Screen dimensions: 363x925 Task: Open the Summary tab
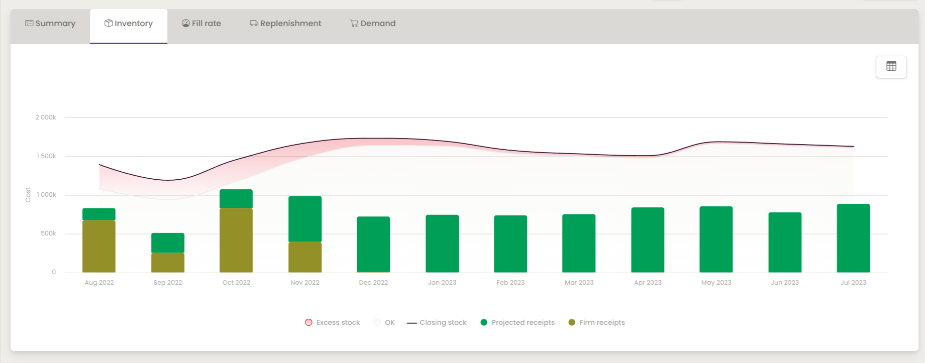pyautogui.click(x=50, y=24)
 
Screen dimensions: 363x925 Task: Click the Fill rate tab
pyautogui.click(x=201, y=24)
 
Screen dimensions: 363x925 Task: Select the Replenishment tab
pyautogui.click(x=285, y=24)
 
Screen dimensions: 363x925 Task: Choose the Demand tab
pyautogui.click(x=373, y=24)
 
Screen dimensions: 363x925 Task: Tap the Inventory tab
pyautogui.click(x=129, y=24)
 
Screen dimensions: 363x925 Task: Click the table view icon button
pyautogui.click(x=891, y=67)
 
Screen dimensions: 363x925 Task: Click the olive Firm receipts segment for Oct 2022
pyautogui.click(x=236, y=240)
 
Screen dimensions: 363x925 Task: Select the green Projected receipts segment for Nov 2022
pyautogui.click(x=305, y=219)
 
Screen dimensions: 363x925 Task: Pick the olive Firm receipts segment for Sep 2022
pyautogui.click(x=168, y=262)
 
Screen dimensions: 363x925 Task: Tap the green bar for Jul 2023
pyautogui.click(x=853, y=238)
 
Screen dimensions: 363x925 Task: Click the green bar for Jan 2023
pyautogui.click(x=442, y=244)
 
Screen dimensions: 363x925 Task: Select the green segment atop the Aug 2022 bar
pyautogui.click(x=99, y=214)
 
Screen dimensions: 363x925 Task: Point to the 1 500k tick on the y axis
pyautogui.click(x=46, y=156)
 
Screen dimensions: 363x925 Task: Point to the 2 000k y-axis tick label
pyautogui.click(x=46, y=117)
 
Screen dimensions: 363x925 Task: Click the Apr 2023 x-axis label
pyautogui.click(x=648, y=283)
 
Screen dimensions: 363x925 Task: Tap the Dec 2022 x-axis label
pyautogui.click(x=373, y=283)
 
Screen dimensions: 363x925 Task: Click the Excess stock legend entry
pyautogui.click(x=333, y=322)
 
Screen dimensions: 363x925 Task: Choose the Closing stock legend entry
pyautogui.click(x=437, y=322)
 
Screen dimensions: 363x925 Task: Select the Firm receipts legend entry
pyautogui.click(x=597, y=322)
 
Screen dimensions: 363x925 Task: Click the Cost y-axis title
pyautogui.click(x=28, y=195)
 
